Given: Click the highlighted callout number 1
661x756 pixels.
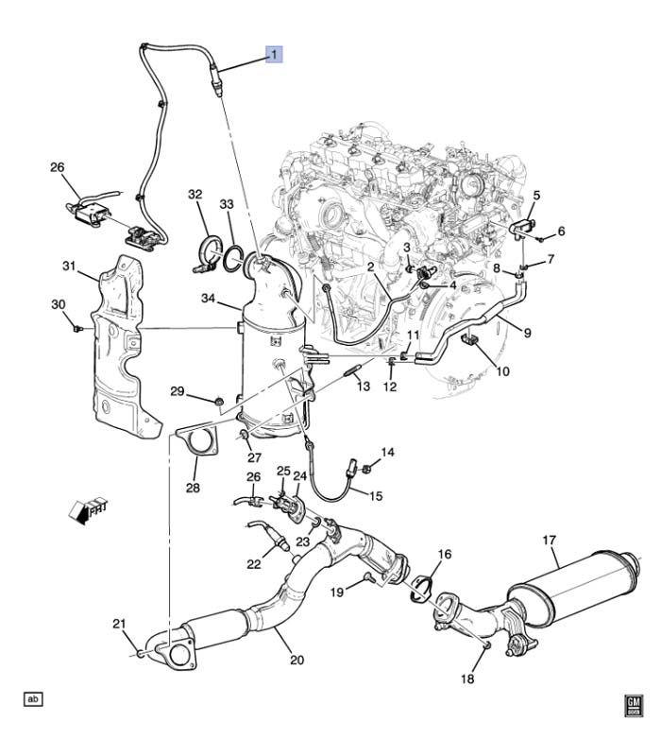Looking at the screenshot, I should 274,55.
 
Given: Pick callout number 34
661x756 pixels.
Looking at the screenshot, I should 209,300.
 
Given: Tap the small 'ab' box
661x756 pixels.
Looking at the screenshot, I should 32,699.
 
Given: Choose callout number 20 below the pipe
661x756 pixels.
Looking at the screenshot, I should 297,660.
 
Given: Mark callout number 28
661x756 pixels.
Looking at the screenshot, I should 193,488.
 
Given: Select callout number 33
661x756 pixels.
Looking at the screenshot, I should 227,204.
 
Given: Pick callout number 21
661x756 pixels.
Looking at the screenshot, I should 119,623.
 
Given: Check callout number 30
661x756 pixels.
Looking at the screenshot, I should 58,304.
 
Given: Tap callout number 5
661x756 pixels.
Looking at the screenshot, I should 535,197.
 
